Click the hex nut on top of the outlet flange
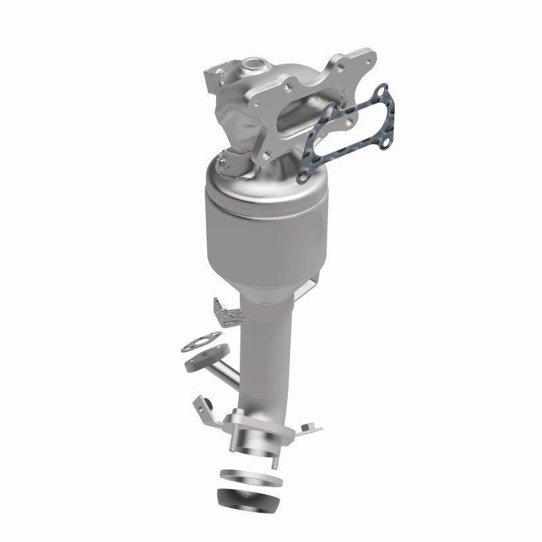(239, 415)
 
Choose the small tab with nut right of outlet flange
(308, 426)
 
